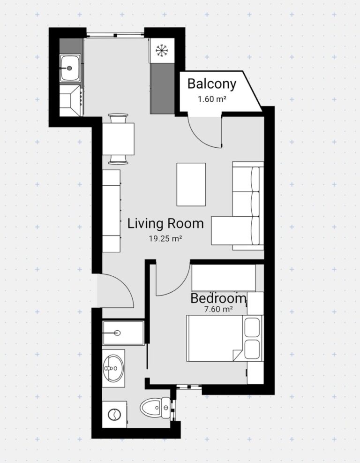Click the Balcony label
coord(212,84)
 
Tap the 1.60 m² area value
coord(212,99)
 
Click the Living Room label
coord(165,224)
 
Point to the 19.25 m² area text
coord(165,239)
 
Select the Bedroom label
coord(218,298)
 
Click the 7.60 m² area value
coord(218,310)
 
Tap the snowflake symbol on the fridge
coord(161,50)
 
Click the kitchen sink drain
coord(70,68)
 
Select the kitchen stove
coord(71,100)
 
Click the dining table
coord(118,139)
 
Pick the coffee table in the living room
coord(191,184)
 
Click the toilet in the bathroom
coord(155,408)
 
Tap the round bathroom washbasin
coord(113,368)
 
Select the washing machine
coord(114,414)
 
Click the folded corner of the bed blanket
coord(237,354)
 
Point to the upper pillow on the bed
coord(253,327)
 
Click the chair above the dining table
coord(118,118)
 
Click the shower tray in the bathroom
coord(123,333)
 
